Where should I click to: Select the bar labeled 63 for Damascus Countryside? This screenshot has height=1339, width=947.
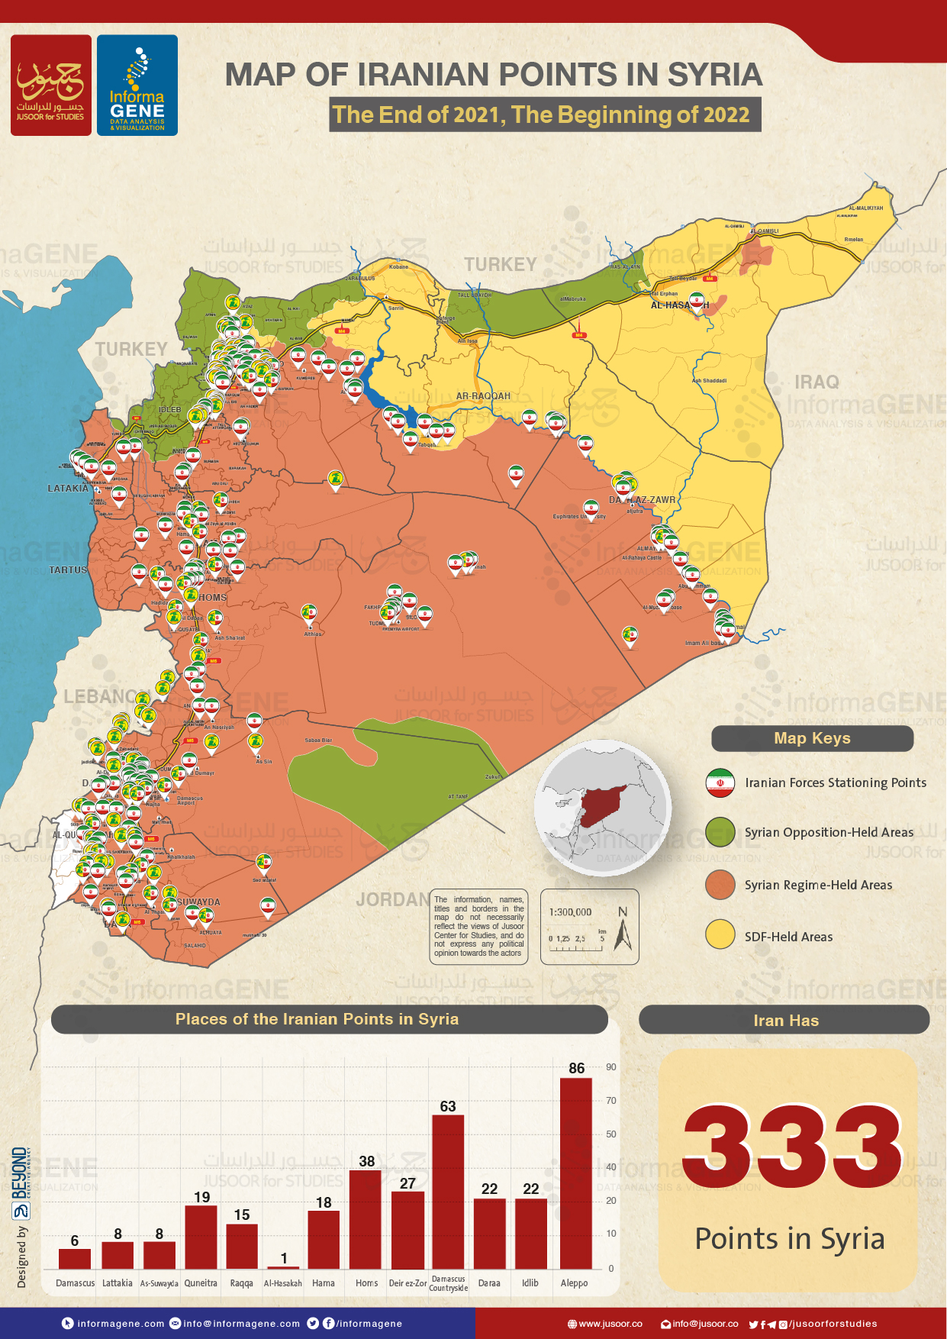(448, 1192)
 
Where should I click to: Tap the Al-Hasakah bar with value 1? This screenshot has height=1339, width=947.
(283, 1267)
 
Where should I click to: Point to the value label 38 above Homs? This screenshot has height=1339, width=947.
(367, 1161)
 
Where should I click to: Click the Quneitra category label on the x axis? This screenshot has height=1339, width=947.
(201, 1283)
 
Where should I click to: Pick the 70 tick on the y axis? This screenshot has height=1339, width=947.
(611, 1101)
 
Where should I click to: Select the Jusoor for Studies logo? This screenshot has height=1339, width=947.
(50, 86)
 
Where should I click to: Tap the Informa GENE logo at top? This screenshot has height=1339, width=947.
(137, 86)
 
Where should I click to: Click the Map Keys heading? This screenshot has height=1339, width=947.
(812, 738)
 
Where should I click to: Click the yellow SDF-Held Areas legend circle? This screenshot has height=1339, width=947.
(720, 935)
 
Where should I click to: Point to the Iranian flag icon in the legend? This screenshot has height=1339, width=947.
(720, 783)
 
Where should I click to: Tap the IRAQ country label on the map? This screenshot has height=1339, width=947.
(817, 382)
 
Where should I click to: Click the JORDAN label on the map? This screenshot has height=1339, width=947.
(392, 900)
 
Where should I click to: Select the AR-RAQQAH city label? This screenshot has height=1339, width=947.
(483, 396)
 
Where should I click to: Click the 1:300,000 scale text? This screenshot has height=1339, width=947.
(570, 912)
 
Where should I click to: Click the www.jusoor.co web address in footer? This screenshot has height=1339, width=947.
(610, 1324)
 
